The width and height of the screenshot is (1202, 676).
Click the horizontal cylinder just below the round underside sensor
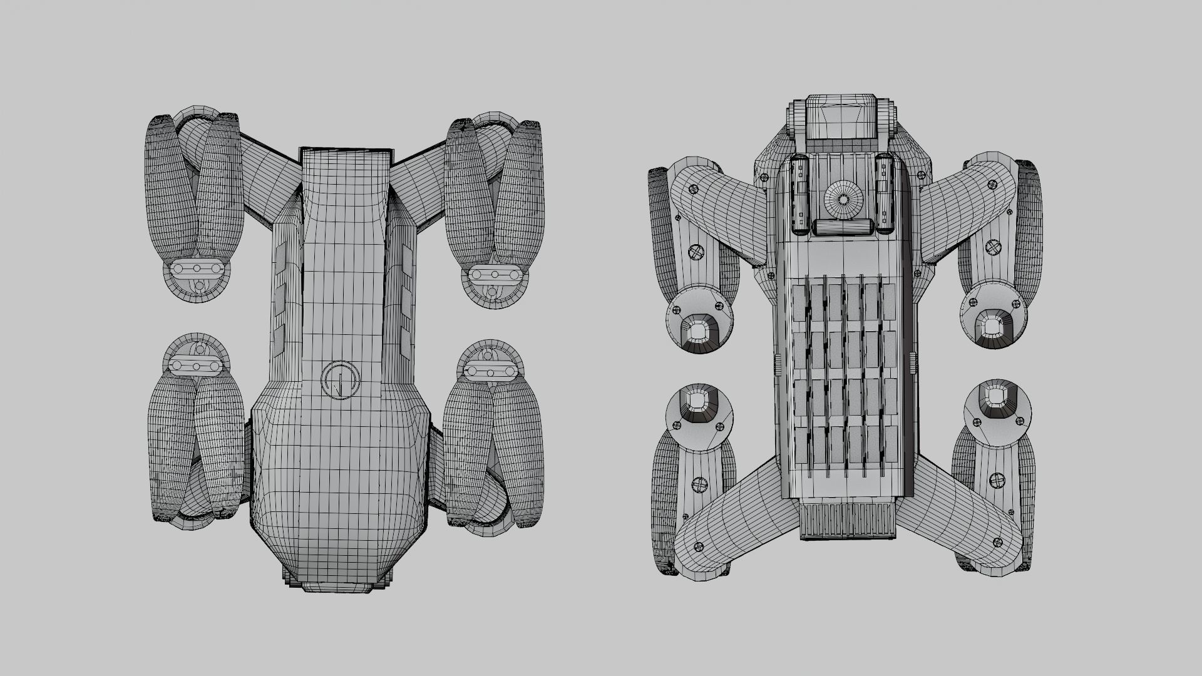[843, 227]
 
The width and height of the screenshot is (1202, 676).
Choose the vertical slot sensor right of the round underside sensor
[884, 194]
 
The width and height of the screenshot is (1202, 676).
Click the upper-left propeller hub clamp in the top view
[197, 269]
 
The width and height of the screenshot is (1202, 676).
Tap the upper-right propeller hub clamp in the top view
[495, 274]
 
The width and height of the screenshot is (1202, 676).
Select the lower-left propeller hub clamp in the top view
[197, 366]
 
